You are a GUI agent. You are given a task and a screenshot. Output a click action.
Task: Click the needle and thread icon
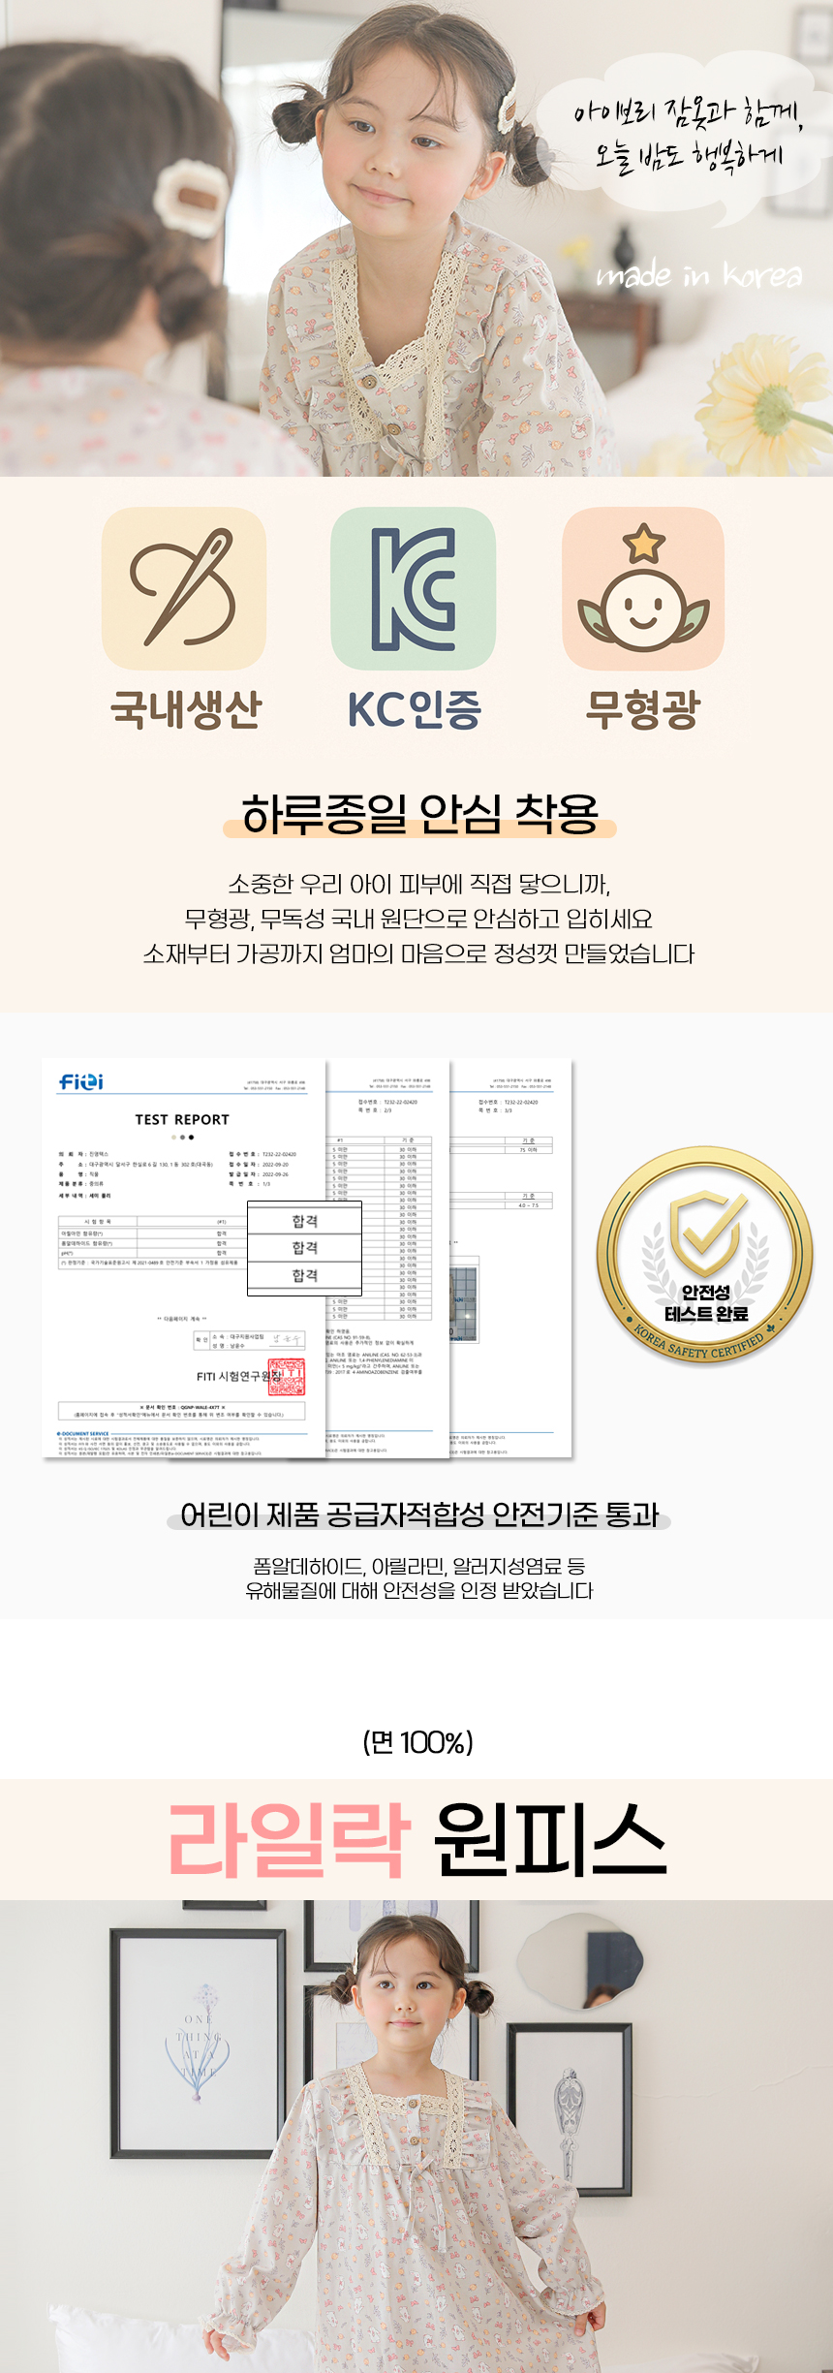coord(184,588)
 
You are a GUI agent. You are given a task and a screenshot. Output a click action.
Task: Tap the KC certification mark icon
coord(413,588)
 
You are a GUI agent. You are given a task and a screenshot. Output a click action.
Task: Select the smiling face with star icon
coord(643,588)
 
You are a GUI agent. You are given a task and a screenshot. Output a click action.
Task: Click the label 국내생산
coord(186,709)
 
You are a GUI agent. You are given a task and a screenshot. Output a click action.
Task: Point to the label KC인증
coord(414,709)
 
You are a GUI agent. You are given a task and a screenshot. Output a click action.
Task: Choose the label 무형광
coord(642,709)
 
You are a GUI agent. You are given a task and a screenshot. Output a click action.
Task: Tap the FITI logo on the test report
coord(81,1081)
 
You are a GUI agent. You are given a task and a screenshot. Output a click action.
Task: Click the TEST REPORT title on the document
coord(182,1119)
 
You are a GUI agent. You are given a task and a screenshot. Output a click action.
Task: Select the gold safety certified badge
coord(705,1256)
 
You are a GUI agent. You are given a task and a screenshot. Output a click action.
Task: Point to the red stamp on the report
coord(287,1376)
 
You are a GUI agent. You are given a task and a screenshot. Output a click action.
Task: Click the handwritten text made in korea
coord(699,276)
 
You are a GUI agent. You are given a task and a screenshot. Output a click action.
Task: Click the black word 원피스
coord(549,1840)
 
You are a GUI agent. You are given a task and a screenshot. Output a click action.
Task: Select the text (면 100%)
coord(417,1743)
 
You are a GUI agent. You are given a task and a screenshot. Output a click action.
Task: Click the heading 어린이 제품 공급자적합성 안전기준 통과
coord(419,1514)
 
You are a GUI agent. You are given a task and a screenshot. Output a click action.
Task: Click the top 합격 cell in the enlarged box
coord(305,1221)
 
